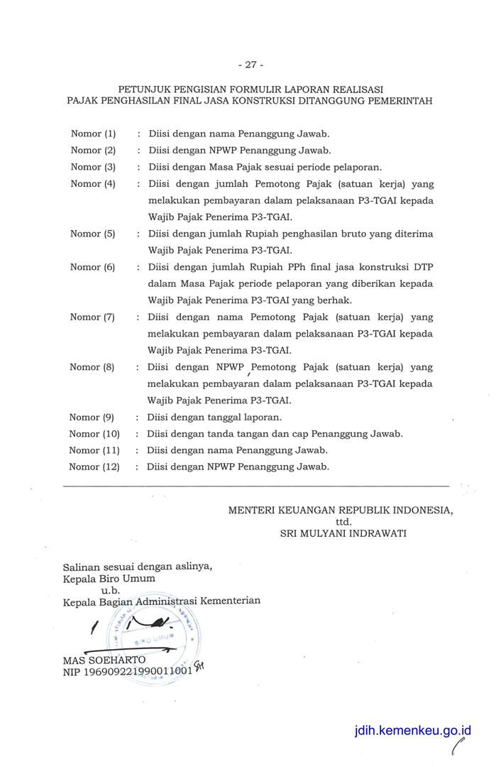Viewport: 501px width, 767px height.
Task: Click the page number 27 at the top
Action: point(250,65)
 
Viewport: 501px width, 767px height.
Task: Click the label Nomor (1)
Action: point(93,134)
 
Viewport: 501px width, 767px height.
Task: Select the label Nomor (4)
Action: point(93,183)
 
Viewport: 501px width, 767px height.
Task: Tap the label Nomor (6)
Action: point(92,267)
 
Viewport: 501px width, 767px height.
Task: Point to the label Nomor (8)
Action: point(92,367)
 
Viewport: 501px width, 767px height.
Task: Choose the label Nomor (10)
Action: point(94,434)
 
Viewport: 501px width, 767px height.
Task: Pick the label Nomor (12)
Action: point(94,467)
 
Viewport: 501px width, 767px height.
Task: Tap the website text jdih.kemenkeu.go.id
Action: point(413,730)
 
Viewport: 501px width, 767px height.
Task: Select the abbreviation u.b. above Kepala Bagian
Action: point(110,589)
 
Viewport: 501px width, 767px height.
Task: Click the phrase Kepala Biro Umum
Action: point(109,578)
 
